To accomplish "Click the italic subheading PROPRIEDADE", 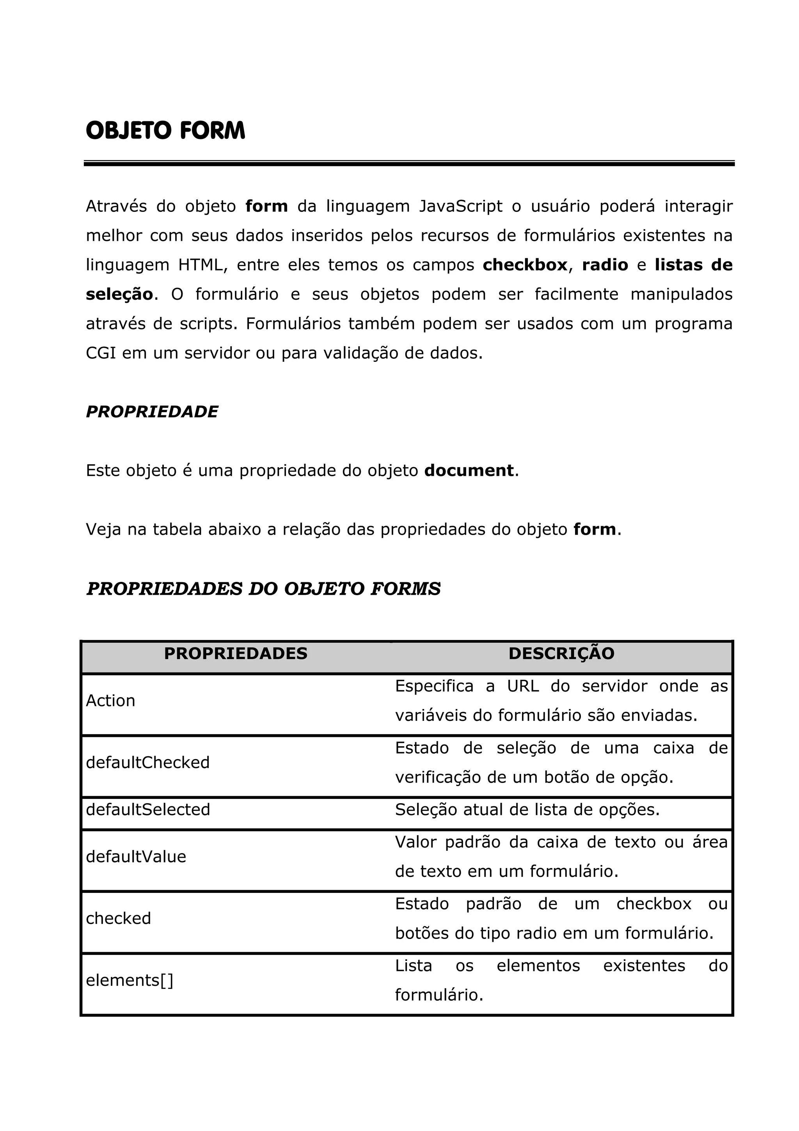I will tap(152, 412).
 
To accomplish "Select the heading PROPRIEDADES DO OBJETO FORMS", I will tap(263, 589).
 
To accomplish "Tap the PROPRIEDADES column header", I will tap(235, 654).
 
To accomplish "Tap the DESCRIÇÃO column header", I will tap(561, 654).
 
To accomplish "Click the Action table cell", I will tap(110, 701).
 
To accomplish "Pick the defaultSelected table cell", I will tap(148, 809).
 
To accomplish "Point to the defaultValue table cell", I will tap(136, 857).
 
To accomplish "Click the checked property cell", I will tap(118, 918).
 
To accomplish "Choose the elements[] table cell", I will tap(130, 980).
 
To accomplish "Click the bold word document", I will tap(469, 470).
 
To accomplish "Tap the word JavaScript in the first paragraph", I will tap(461, 206).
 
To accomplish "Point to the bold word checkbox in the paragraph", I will tap(525, 265).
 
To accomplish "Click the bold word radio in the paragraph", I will tap(605, 265).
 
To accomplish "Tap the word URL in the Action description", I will tap(523, 686).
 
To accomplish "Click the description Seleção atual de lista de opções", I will tap(527, 809).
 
